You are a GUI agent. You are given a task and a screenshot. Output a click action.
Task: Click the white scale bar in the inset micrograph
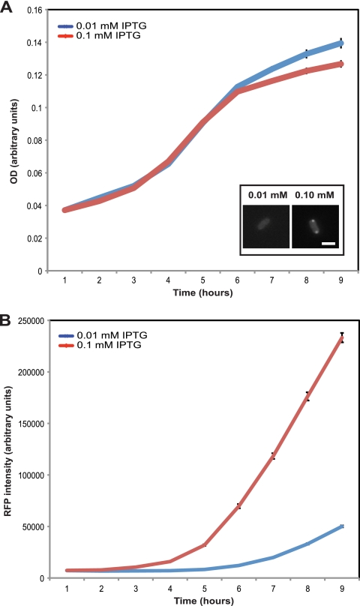coord(328,243)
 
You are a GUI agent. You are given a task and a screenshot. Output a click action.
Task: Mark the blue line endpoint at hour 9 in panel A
coord(342,42)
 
